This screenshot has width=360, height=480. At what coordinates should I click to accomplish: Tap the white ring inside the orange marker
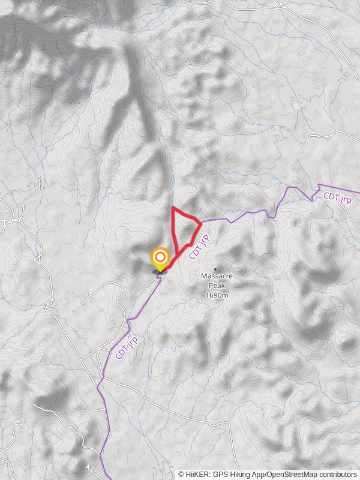coord(160,259)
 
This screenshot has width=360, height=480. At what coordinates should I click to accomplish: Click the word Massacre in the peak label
coord(216,276)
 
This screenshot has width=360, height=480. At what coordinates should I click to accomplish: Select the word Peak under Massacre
coord(216,286)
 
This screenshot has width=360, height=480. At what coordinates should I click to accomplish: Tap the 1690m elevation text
coord(216,295)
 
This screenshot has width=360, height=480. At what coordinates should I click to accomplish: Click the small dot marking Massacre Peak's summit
coord(215,269)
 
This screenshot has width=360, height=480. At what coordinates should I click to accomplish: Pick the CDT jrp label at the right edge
coord(337,197)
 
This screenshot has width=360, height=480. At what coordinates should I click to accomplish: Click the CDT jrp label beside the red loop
coord(199,247)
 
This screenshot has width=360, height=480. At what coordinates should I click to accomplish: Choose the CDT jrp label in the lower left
coord(127,348)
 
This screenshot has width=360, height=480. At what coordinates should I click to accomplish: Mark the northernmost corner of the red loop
coord(173,208)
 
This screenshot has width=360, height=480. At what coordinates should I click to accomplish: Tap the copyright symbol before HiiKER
coord(181,475)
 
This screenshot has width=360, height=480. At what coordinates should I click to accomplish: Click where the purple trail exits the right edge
coord(359,193)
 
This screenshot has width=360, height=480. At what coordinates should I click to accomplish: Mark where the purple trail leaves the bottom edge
coord(103,479)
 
